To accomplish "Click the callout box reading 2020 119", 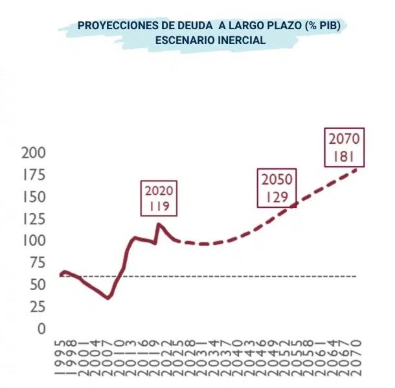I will (x=159, y=199).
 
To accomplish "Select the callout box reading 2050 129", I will (x=276, y=188).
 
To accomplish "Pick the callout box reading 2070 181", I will (x=344, y=148).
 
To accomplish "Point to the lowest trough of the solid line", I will (x=108, y=297).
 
